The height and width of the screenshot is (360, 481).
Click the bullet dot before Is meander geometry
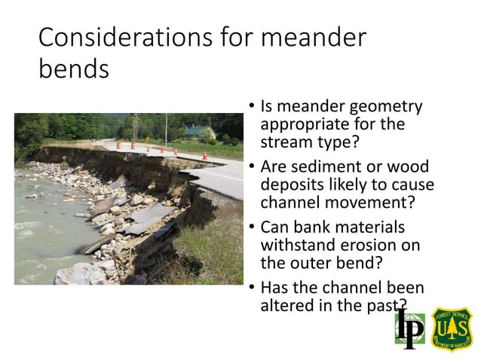(251, 108)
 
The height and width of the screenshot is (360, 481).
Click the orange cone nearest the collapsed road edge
(204, 156)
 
